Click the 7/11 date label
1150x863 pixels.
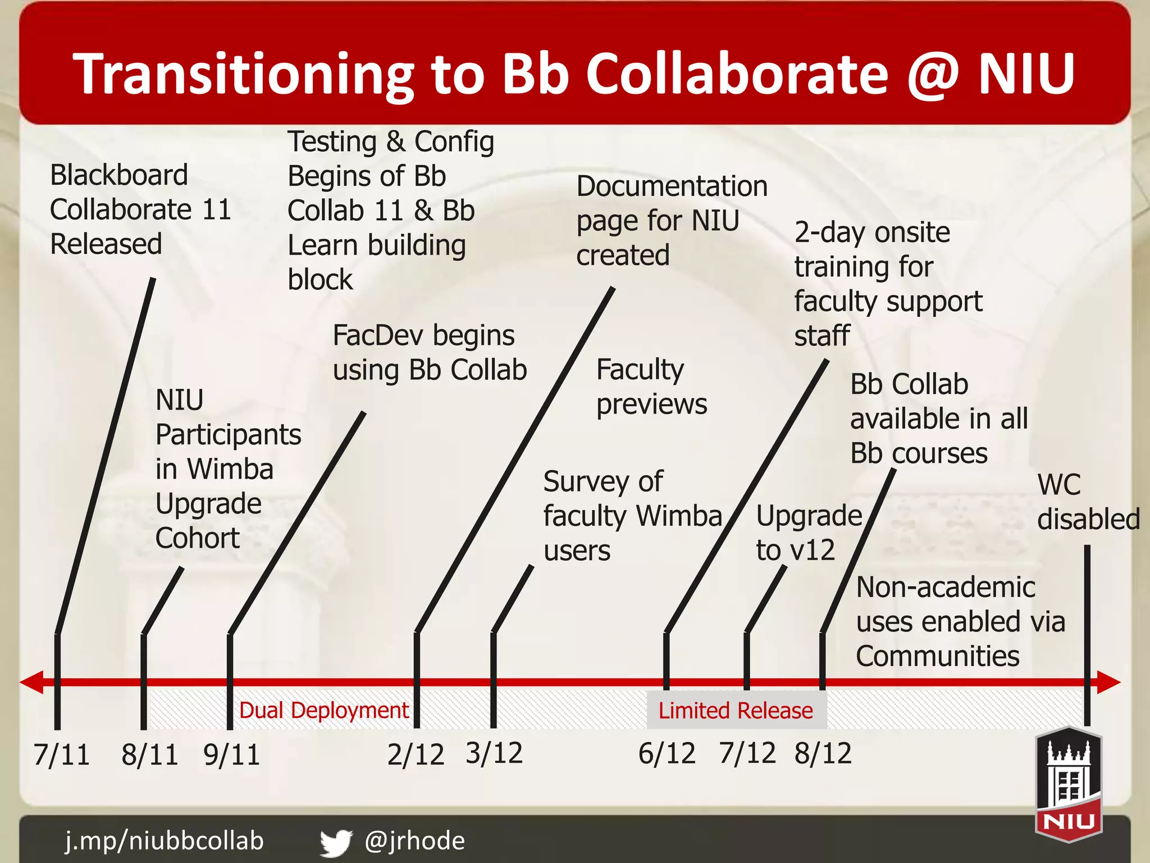click(x=62, y=755)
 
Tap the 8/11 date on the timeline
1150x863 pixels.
click(x=150, y=755)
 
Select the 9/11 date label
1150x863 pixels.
click(x=232, y=755)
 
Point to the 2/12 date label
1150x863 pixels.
click(x=416, y=755)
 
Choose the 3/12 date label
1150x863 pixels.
click(x=494, y=753)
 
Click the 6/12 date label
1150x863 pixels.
click(x=667, y=753)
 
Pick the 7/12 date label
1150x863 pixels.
click(x=747, y=753)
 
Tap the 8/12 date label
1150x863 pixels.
click(x=823, y=753)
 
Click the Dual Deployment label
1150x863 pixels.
click(x=324, y=711)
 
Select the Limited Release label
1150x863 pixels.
click(x=736, y=711)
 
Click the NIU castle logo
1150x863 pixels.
click(x=1069, y=784)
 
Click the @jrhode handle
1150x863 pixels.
click(x=414, y=841)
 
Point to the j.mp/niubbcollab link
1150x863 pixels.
click(x=165, y=841)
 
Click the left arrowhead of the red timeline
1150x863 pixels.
click(x=31, y=682)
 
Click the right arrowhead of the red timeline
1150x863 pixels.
click(x=1109, y=682)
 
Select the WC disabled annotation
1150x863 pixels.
click(x=1088, y=502)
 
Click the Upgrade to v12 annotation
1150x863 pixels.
click(x=809, y=533)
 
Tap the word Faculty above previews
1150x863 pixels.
click(x=640, y=370)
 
